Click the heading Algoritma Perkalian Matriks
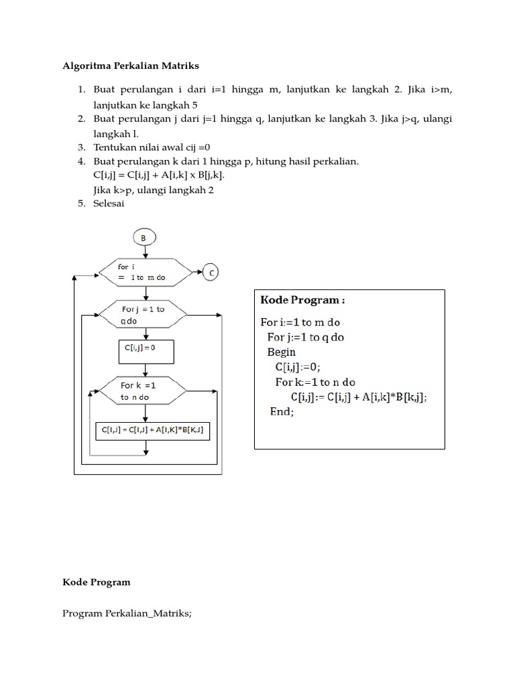(x=131, y=66)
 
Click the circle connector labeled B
(x=144, y=237)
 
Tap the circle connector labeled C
(x=212, y=273)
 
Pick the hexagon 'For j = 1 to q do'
(x=144, y=314)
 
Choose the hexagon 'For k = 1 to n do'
(x=144, y=391)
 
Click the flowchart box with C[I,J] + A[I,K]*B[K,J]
(x=152, y=429)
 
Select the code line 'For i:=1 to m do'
(x=300, y=322)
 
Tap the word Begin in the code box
(x=282, y=352)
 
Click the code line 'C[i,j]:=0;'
(x=298, y=367)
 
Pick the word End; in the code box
(x=282, y=411)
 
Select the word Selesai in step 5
(x=109, y=204)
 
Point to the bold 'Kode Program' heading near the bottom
(x=97, y=582)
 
